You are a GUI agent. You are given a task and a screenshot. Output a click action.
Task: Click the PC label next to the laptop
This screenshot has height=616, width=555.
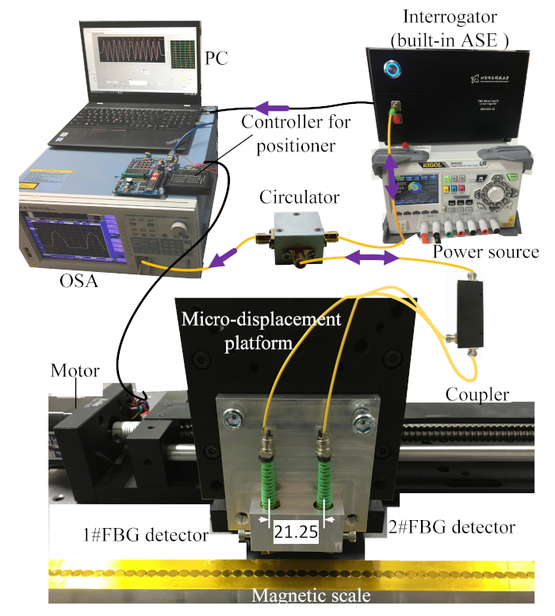[x=217, y=59]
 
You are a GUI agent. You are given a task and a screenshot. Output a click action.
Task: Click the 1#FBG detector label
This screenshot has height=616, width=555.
[x=150, y=534]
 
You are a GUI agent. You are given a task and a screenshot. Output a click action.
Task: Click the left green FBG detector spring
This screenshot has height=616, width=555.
[x=264, y=474]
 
